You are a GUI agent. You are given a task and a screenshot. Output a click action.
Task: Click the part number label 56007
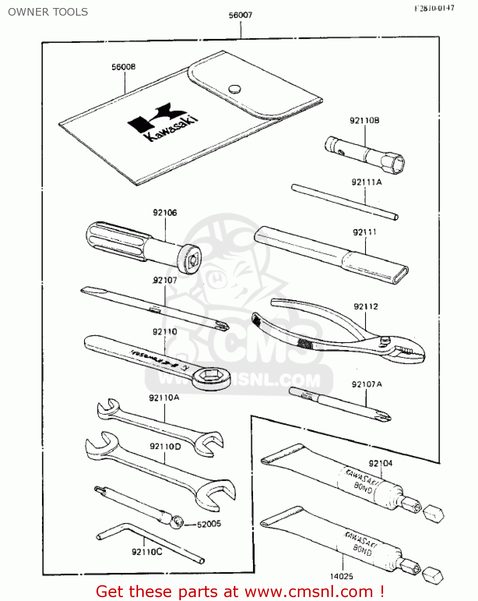click(x=240, y=15)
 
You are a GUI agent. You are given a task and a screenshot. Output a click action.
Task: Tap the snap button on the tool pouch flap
click(x=235, y=89)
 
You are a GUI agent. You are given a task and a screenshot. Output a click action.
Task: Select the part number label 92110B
click(x=364, y=120)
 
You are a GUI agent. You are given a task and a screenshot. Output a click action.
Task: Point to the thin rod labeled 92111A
click(x=344, y=202)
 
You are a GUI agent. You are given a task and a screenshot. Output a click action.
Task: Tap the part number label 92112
click(x=366, y=307)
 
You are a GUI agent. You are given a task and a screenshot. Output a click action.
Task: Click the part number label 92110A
click(x=164, y=397)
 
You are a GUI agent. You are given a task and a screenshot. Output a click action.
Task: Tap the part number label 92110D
click(x=165, y=446)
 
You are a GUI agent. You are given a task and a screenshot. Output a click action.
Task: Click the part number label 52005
click(x=209, y=524)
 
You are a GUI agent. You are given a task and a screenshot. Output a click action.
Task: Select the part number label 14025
click(x=341, y=576)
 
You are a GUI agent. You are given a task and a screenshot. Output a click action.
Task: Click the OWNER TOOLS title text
click(x=48, y=12)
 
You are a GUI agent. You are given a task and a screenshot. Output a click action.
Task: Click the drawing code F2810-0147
click(x=434, y=8)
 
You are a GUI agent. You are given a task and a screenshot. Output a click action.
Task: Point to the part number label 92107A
click(x=367, y=384)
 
